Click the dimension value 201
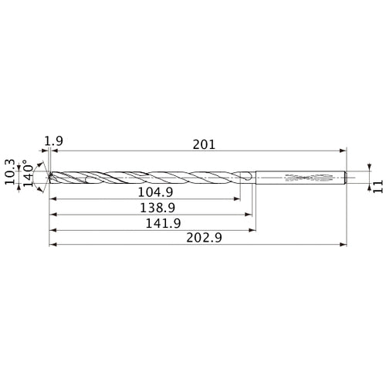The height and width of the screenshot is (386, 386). [x=204, y=144]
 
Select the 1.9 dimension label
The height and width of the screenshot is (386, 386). [x=54, y=141]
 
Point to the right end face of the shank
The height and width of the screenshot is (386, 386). [x=347, y=178]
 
